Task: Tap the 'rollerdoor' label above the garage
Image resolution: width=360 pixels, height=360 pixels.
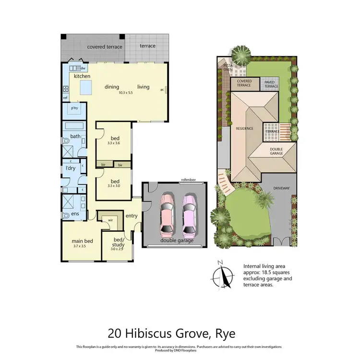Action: tap(188, 180)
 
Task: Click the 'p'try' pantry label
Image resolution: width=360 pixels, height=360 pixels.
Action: tap(74, 108)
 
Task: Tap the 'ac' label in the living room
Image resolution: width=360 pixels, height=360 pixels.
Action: tap(162, 89)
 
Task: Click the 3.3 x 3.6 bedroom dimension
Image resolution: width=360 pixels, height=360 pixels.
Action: tap(113, 143)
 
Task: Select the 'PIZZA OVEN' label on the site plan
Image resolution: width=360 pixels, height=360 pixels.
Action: tap(228, 67)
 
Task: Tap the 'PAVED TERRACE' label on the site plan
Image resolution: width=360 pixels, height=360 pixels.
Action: tap(270, 84)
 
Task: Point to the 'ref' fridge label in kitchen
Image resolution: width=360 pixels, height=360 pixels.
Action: tap(65, 98)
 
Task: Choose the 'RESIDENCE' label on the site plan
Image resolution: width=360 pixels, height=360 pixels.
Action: tap(244, 129)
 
